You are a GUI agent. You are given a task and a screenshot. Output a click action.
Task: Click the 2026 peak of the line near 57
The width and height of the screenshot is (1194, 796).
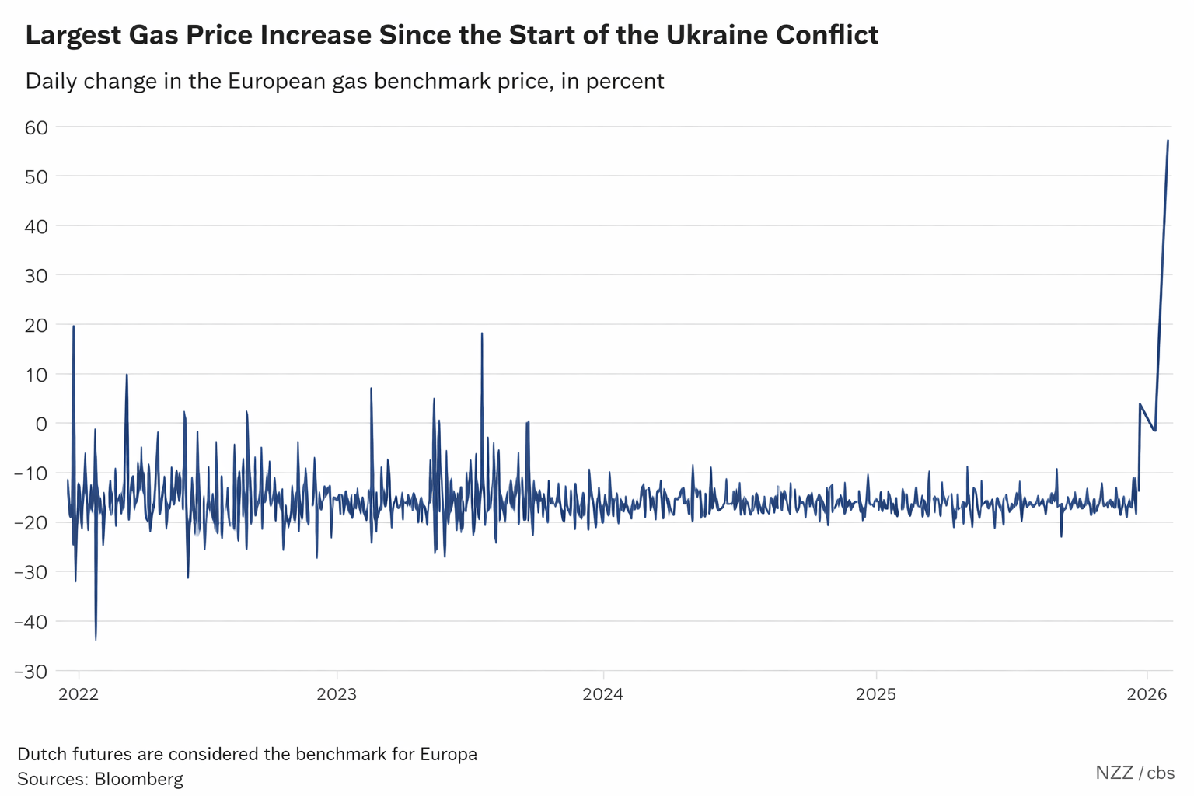(x=1168, y=141)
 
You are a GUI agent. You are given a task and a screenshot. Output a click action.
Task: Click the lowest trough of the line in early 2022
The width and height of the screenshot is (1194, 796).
(x=96, y=639)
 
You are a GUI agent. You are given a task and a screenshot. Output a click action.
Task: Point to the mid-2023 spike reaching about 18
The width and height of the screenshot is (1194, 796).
(x=482, y=333)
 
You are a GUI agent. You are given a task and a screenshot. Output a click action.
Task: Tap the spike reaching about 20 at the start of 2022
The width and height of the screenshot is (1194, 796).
(x=73, y=326)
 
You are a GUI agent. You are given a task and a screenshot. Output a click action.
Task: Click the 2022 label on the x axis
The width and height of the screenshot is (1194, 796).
(x=79, y=694)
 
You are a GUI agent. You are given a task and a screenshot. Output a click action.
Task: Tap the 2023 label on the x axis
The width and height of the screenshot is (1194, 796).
(x=337, y=694)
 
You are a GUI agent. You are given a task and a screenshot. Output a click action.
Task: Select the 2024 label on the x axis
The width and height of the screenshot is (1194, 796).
(x=602, y=694)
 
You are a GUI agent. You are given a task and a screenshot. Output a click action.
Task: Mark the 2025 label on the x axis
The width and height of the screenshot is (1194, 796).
(x=876, y=694)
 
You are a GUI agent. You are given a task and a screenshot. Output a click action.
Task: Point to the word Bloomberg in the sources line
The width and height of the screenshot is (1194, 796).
(x=138, y=779)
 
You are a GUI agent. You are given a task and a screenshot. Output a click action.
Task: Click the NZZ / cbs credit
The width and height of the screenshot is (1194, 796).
(x=1135, y=773)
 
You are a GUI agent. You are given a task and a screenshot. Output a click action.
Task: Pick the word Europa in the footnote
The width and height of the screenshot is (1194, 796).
(x=448, y=754)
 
